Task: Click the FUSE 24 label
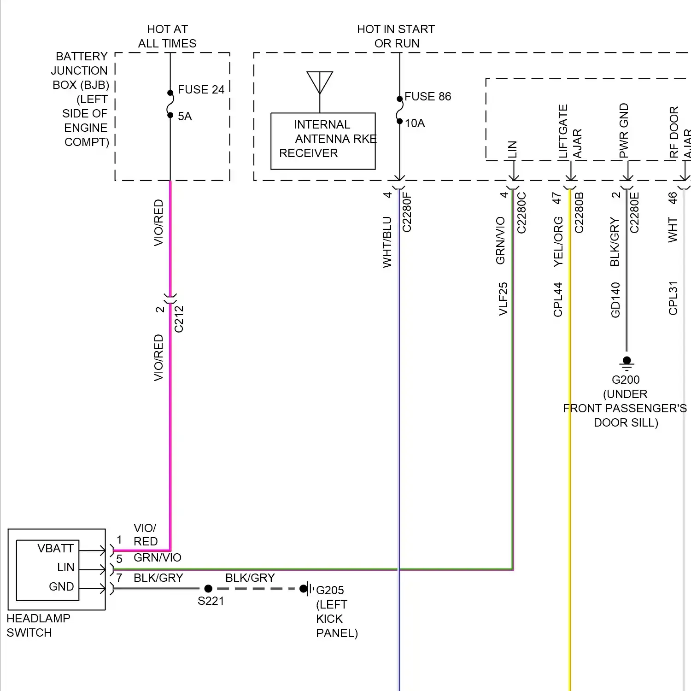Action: point(201,89)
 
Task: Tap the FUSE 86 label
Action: point(427,96)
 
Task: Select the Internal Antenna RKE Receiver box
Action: point(323,141)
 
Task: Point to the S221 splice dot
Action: point(208,588)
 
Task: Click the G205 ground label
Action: point(330,590)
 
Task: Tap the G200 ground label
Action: point(626,380)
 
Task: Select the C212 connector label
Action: point(179,319)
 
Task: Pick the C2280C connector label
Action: point(521,212)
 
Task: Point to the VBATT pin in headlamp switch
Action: point(55,548)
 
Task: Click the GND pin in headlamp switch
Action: point(61,586)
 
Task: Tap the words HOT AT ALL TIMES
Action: point(167,36)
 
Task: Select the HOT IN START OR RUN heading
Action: point(396,36)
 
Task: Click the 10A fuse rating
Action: point(415,123)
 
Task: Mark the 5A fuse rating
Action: point(185,116)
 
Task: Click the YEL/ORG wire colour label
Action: point(558,241)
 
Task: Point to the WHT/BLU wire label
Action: point(387,242)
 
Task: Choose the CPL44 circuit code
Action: point(558,299)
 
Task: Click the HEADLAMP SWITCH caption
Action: point(38,625)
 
